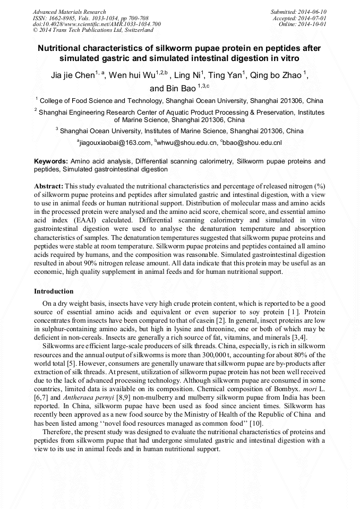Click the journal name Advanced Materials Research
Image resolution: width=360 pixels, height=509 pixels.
tap(69, 12)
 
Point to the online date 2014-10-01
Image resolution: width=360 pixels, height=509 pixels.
tap(314, 24)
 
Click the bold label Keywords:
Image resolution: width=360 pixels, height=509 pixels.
tap(51, 161)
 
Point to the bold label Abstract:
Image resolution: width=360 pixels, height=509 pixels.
tap(49, 186)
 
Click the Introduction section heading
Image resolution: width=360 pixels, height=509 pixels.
tap(54, 291)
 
